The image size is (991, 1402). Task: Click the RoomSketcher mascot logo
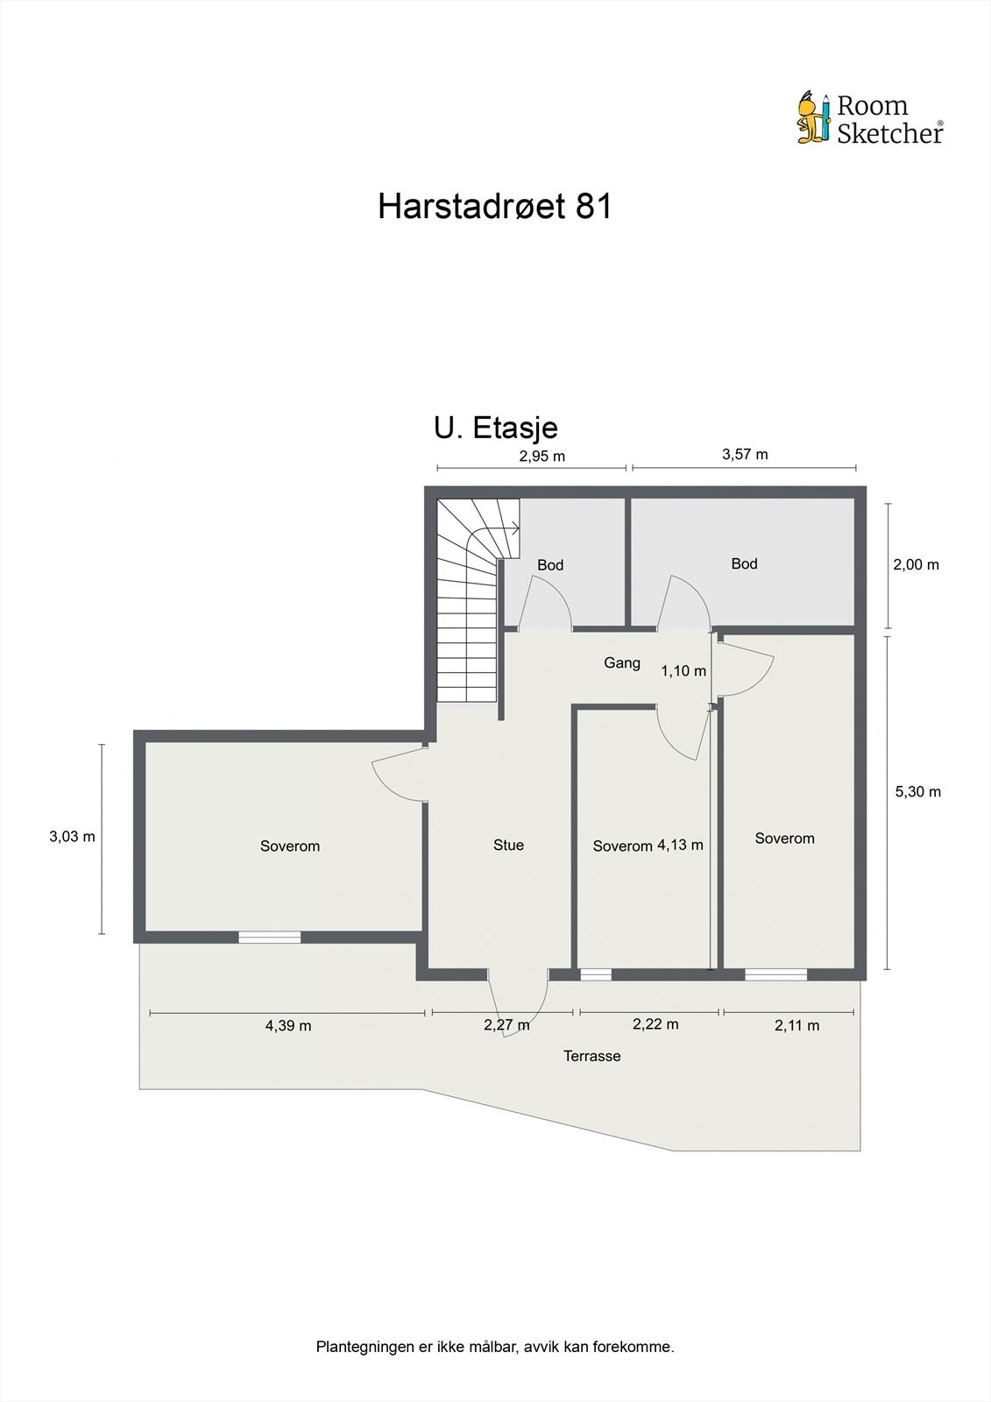[813, 117]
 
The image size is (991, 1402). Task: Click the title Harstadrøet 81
[494, 207]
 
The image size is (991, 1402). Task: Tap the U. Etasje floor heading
[496, 428]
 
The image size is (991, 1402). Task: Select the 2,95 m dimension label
[542, 456]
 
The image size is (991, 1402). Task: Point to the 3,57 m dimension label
[745, 454]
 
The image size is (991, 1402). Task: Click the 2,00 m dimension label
[916, 564]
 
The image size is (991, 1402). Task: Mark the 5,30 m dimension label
[917, 791]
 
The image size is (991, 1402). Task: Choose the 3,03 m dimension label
[72, 836]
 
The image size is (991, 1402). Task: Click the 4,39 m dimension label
[288, 1025]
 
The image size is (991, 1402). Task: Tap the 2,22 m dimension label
[655, 1023]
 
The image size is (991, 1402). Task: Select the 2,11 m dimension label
[796, 1025]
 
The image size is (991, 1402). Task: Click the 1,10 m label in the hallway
[683, 671]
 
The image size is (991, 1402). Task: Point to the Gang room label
[622, 662]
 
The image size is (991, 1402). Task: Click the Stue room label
[508, 845]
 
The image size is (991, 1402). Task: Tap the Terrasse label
[591, 1056]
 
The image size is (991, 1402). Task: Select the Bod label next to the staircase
[550, 565]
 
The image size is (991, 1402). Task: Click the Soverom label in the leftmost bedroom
[290, 846]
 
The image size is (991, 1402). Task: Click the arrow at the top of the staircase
[516, 528]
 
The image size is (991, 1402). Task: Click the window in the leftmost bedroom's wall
[270, 937]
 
